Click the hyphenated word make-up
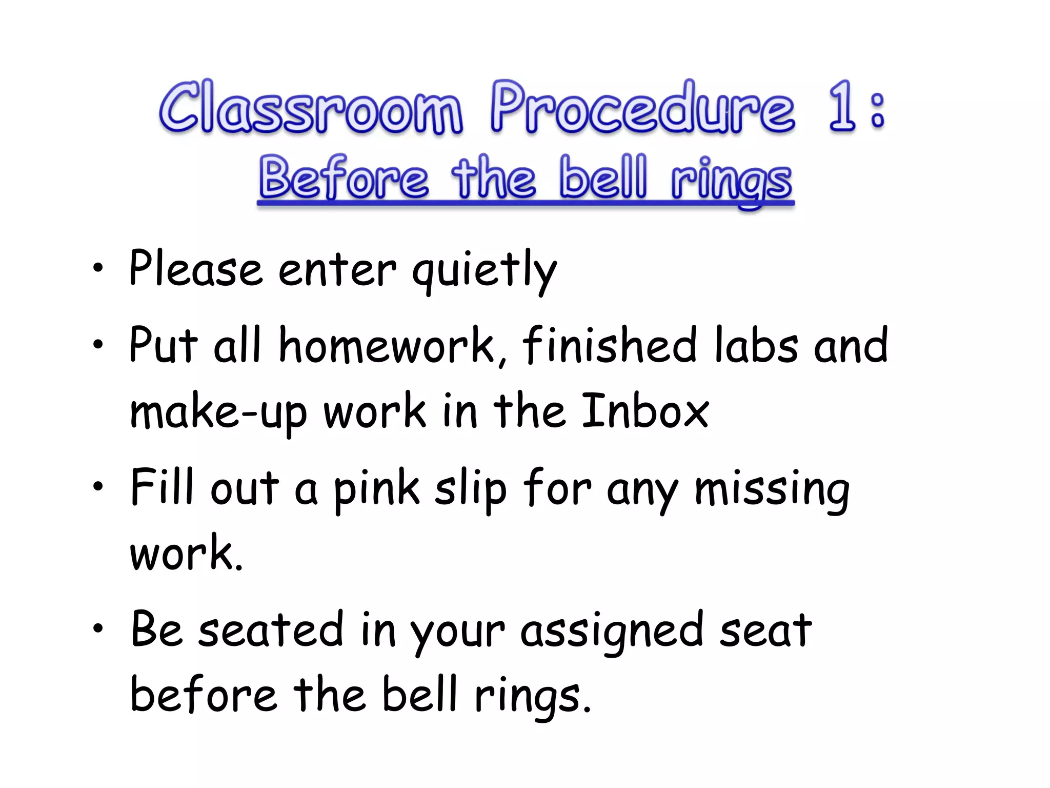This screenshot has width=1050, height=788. [x=218, y=413]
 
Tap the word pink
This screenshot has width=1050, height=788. [x=377, y=490]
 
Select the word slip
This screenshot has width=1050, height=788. [x=471, y=490]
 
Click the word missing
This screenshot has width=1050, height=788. [x=772, y=490]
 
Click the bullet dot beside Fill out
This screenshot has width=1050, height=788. [x=98, y=486]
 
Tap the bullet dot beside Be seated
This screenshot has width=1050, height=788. [x=98, y=628]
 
